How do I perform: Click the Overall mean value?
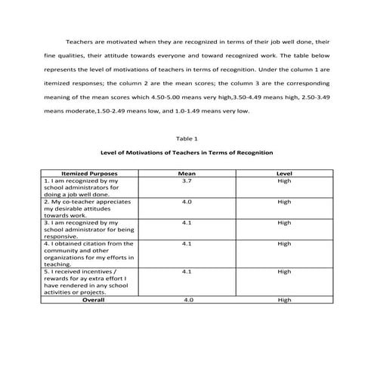tap(187, 300)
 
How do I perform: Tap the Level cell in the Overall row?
tap(284, 300)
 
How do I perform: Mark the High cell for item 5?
tap(284, 271)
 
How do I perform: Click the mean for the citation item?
tap(187, 244)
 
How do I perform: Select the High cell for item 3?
tap(284, 223)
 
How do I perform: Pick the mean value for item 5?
tap(187, 271)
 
